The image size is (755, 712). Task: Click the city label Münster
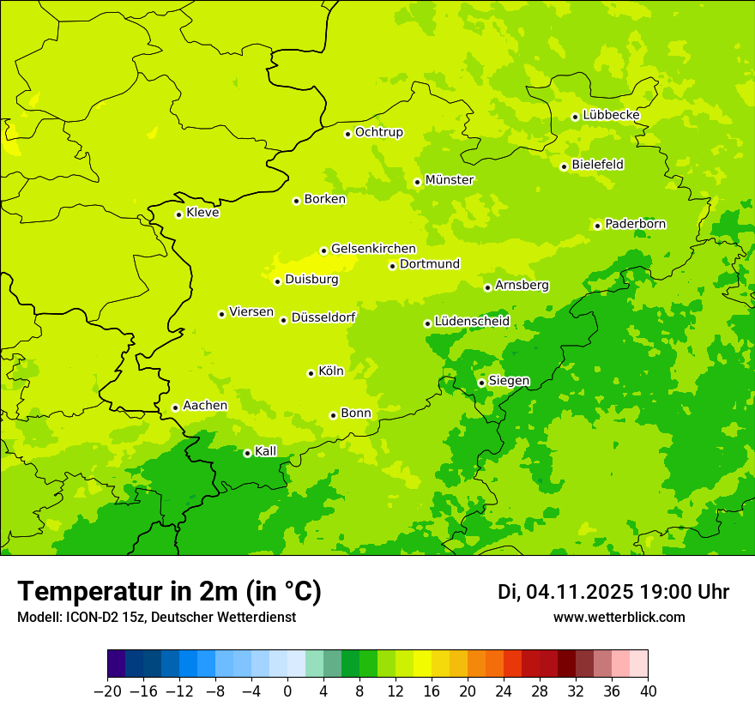coord(450,180)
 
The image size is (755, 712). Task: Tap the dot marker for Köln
coord(311,373)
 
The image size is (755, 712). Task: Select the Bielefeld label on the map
coord(597,165)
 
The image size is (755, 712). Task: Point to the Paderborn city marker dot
coord(597,226)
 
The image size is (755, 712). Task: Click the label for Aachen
coord(205,406)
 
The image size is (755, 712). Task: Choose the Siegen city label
coord(509,381)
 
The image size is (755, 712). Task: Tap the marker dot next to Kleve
coord(178,214)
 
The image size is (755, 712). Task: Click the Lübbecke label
coord(611,115)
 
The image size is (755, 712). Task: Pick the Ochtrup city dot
coord(347,134)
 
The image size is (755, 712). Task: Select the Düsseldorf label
coord(323,317)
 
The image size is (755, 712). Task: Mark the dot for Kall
coord(247,453)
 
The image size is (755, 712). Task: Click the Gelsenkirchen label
coord(373,249)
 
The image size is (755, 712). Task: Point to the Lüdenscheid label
coord(472,322)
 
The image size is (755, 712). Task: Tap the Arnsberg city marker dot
coord(487,287)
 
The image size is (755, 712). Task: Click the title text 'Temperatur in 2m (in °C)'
coord(169,591)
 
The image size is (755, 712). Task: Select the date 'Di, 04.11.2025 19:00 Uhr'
coord(613,592)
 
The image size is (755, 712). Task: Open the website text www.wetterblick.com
coord(619,617)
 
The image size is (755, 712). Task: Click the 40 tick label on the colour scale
coord(648,691)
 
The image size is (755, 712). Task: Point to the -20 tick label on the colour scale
coord(107,691)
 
